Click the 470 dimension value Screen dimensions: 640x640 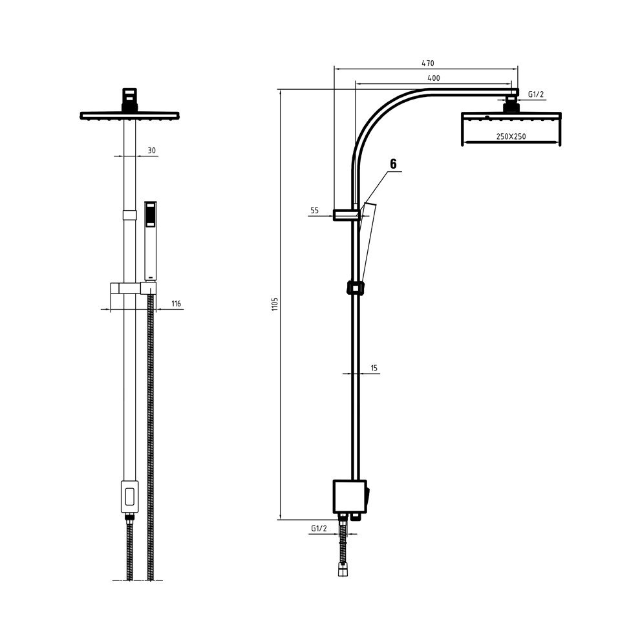tap(428, 63)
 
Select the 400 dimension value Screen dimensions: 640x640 tap(434, 78)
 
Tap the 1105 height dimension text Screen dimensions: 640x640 tap(275, 304)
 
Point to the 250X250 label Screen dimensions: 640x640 tap(511, 137)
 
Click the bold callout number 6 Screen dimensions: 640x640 tap(393, 164)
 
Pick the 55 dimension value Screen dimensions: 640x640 tap(314, 211)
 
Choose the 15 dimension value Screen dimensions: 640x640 tap(374, 368)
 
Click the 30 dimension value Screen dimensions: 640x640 tap(151, 151)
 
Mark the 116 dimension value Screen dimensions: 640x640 tap(176, 304)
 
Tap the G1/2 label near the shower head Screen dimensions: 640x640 tap(536, 94)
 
